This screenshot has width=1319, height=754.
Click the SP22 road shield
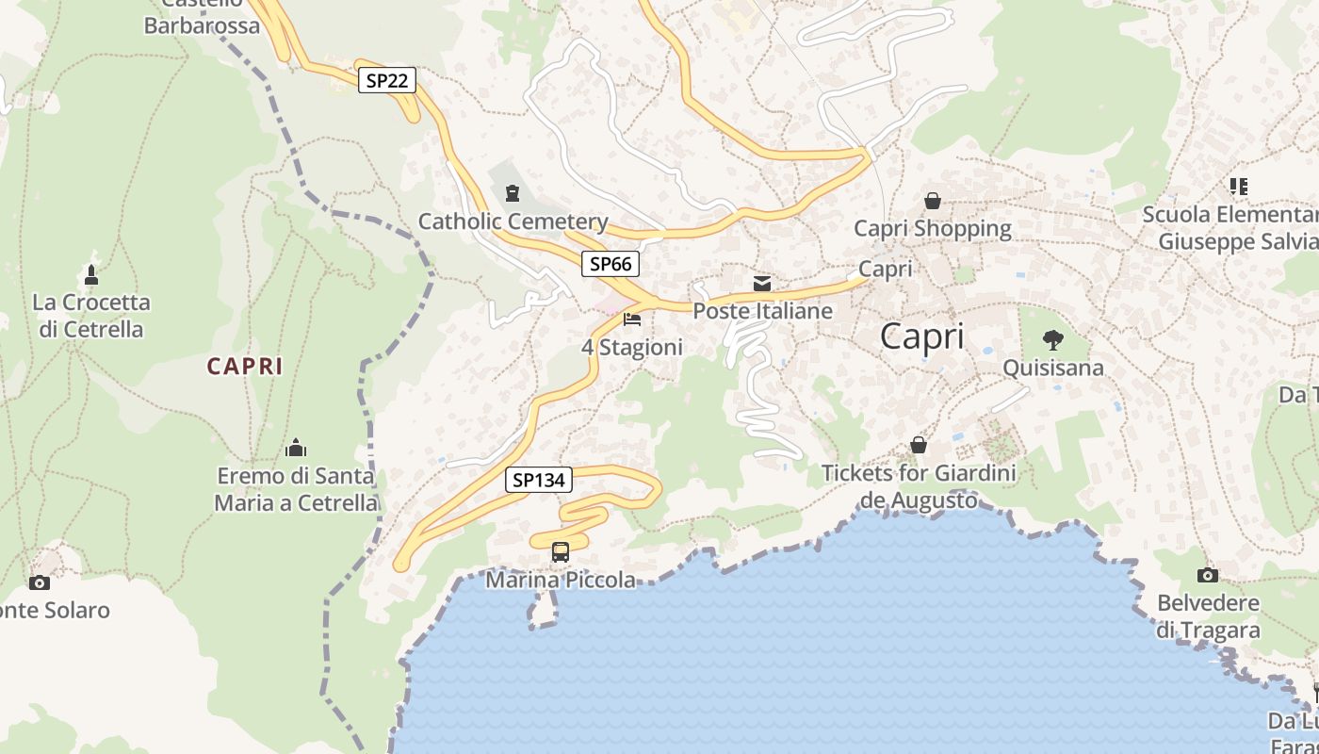click(386, 80)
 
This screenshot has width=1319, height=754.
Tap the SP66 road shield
click(610, 264)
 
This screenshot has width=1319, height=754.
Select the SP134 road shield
click(539, 480)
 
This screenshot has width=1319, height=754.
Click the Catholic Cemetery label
click(513, 221)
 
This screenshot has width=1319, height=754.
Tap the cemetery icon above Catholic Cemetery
click(512, 193)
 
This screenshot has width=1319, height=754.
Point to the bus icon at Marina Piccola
click(561, 551)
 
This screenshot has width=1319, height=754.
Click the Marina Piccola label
click(561, 580)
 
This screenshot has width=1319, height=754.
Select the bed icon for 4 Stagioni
click(632, 320)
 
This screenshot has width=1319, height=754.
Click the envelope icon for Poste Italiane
click(762, 283)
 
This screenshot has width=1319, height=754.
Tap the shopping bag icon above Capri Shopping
click(933, 200)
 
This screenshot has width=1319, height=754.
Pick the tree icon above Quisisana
click(1053, 339)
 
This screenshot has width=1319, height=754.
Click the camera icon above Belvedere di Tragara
click(1208, 575)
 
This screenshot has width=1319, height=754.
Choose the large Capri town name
click(922, 336)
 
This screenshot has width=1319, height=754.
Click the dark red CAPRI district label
click(245, 367)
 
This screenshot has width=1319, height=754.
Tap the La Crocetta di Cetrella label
click(91, 316)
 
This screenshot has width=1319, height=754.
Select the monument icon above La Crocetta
click(91, 275)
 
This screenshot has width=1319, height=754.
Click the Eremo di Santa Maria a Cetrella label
click(296, 489)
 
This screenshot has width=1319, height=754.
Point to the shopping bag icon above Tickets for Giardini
click(919, 445)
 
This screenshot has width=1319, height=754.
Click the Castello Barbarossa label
click(202, 19)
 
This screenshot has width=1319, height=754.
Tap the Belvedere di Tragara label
click(1208, 616)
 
